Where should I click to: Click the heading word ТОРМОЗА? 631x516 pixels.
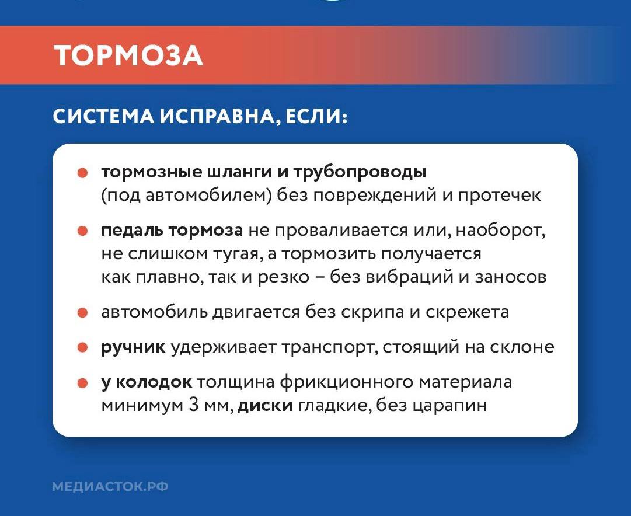point(128,56)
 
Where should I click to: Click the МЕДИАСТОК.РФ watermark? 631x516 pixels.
point(110,486)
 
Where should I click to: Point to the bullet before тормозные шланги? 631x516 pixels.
point(82,173)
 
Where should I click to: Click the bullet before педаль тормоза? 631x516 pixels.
point(82,231)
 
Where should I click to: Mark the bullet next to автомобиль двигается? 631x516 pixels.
point(82,312)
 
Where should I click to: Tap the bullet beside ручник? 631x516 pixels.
point(82,348)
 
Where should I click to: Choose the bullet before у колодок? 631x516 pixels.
point(82,383)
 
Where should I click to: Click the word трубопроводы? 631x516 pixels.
point(360,173)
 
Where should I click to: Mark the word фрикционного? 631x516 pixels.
point(347,383)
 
